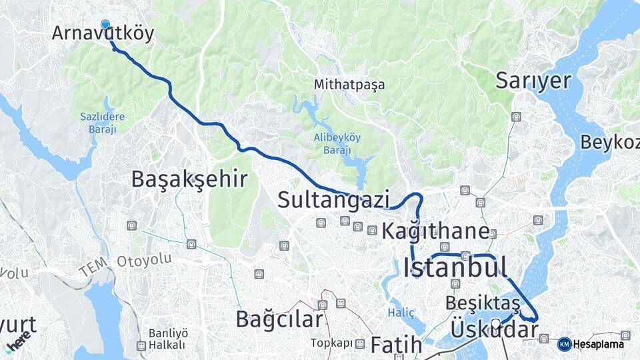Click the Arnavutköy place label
103,33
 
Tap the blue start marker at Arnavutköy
105,25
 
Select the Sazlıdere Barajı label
103,123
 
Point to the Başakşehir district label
189,179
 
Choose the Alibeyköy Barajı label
337,143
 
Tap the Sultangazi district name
333,199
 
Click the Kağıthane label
435,231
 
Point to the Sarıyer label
533,81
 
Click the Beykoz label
609,142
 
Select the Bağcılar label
279,319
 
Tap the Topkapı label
331,343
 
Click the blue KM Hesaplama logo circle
564,344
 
